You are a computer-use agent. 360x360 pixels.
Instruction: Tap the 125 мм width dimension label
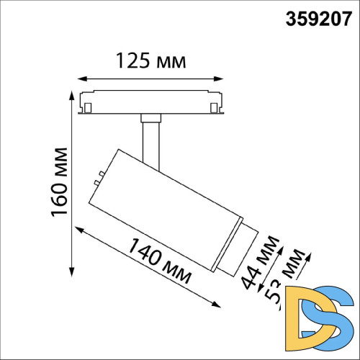pyautogui.click(x=150, y=61)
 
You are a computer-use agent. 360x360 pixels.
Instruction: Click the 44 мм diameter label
pyautogui.click(x=259, y=263)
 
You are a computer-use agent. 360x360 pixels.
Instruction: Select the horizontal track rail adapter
pyautogui.click(x=150, y=102)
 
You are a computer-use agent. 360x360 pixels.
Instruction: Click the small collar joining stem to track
pyautogui.click(x=150, y=117)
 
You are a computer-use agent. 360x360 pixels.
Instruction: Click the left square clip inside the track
pyautogui.click(x=88, y=108)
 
